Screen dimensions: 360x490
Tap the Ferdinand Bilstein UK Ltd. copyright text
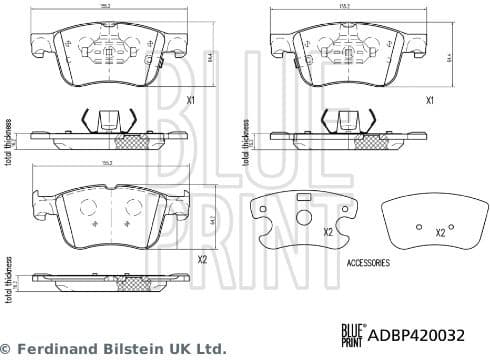point(114,350)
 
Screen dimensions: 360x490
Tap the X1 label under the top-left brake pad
point(191,101)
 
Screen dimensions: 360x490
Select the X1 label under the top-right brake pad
point(429,101)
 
